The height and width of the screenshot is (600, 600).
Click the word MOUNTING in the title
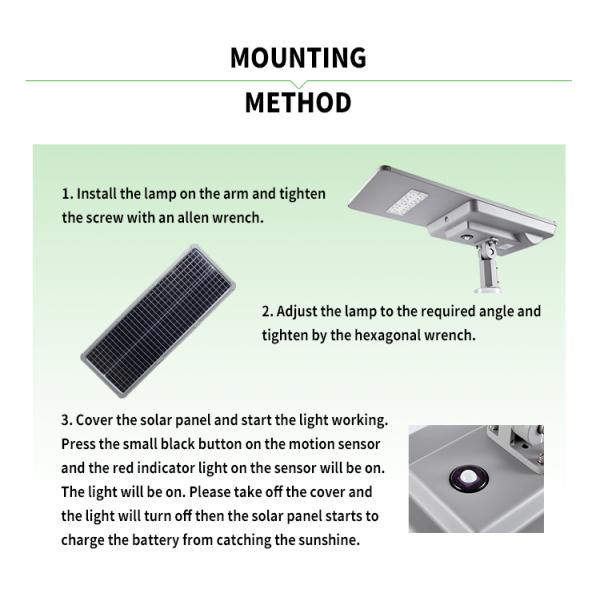click(x=298, y=58)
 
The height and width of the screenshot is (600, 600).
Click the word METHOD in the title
click(x=298, y=103)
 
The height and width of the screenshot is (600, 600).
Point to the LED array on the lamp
click(x=408, y=204)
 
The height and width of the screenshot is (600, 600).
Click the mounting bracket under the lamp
click(x=490, y=264)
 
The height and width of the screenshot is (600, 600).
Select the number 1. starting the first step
click(x=67, y=193)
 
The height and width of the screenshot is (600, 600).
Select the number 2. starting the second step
click(x=268, y=311)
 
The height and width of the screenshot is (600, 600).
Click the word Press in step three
click(x=79, y=443)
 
